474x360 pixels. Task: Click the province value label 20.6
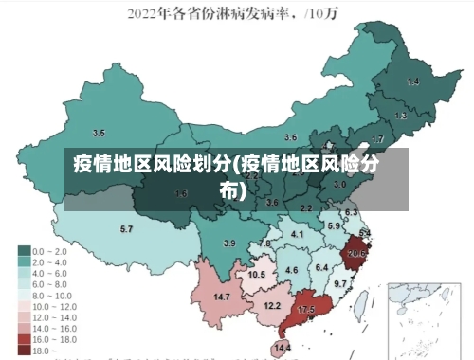tap(356, 253)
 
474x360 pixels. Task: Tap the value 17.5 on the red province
tap(306, 310)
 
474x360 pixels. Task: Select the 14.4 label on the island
tap(282, 349)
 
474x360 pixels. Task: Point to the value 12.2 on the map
tap(272, 305)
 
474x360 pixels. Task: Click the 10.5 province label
tap(256, 275)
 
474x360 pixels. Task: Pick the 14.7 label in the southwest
tap(222, 297)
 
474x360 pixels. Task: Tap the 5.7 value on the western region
tap(126, 229)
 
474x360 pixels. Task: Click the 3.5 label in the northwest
tap(98, 133)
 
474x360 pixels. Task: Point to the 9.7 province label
tap(339, 284)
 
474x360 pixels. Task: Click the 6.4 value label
tap(321, 268)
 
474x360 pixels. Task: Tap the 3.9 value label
tap(228, 243)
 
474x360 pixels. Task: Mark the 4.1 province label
tap(297, 234)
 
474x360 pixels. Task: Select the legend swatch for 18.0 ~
tap(24, 351)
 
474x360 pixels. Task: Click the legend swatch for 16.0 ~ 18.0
tap(24, 338)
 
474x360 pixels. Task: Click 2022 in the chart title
tap(144, 13)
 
